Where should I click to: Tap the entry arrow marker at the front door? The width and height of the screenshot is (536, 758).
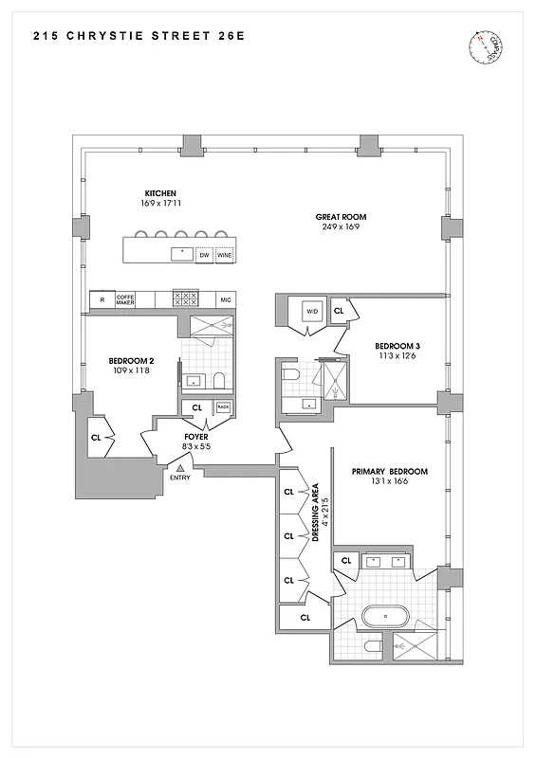[180, 467]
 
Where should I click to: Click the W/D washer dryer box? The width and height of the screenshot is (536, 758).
[311, 311]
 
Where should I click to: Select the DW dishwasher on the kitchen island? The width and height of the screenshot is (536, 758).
[203, 255]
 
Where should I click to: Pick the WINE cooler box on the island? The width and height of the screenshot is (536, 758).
[224, 255]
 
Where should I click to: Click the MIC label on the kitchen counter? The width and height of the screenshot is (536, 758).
[226, 299]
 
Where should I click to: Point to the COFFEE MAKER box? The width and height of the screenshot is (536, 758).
[126, 299]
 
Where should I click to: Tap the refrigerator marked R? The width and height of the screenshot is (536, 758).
[101, 299]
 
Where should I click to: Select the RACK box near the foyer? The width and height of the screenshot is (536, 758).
[223, 407]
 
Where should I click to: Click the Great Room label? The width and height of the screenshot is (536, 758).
[341, 217]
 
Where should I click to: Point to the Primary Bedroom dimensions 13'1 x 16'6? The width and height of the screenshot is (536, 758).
[389, 482]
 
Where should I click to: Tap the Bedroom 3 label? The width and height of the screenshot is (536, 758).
[397, 346]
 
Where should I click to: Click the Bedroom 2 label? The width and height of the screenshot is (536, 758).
[131, 361]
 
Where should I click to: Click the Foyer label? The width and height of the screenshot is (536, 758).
[196, 438]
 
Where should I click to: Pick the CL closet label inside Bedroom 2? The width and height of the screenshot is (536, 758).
[96, 438]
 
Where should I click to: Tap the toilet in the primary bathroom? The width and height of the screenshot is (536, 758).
[374, 647]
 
